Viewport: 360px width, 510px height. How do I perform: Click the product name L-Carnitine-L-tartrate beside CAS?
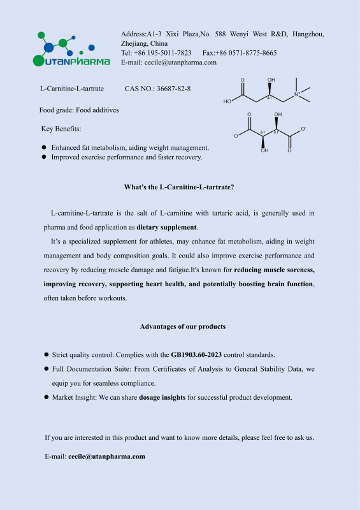[x=72, y=89]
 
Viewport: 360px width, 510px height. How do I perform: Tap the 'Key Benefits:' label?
[x=61, y=129]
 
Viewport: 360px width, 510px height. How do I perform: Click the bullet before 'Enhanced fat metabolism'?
[x=44, y=147]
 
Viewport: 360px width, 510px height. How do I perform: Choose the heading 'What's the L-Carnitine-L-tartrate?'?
[x=179, y=187]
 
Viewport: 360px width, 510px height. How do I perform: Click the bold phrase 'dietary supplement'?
[x=167, y=227]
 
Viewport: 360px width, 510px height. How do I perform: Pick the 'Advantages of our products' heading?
[x=182, y=326]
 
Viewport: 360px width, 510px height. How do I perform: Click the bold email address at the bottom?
[x=106, y=456]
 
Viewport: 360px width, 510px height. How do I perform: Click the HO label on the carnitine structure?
[x=227, y=101]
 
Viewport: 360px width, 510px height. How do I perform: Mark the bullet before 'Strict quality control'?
[x=47, y=354]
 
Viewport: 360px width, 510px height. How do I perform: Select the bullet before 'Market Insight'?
[x=47, y=397]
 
